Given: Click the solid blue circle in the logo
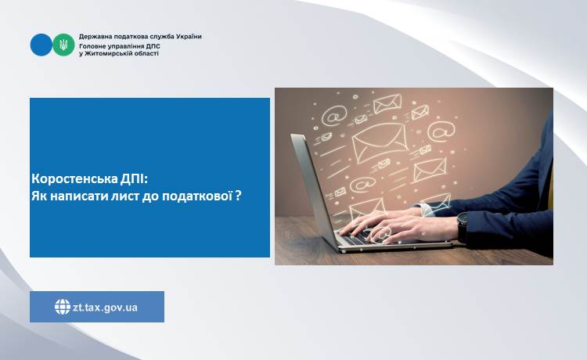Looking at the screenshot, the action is [41, 45].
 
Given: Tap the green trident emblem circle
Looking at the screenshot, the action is [63, 45].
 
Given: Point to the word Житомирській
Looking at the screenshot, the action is [112, 53].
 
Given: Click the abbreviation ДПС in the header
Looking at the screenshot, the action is [153, 46].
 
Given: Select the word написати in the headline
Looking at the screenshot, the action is [79, 196].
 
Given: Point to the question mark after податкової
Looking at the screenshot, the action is [238, 196].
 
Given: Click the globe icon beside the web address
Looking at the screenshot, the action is [63, 307].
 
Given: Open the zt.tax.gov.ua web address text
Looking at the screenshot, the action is [105, 308].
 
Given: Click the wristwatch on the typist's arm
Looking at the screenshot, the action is [463, 226].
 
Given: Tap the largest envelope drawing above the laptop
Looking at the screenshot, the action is [380, 142].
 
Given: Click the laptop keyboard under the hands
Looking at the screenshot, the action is [355, 239].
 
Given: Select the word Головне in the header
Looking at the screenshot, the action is [92, 46].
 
